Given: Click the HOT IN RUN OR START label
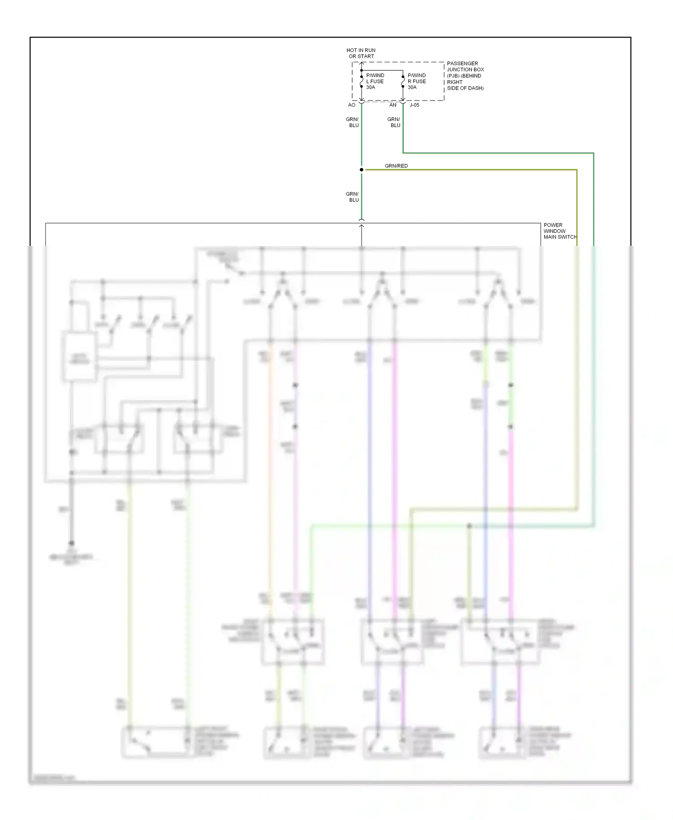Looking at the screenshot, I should [x=361, y=53].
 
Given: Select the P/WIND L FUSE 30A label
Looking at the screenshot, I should [x=375, y=81].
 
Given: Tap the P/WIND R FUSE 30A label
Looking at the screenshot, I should [x=416, y=81].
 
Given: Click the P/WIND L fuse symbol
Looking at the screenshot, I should [x=361, y=82].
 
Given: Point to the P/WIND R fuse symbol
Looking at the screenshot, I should [x=403, y=82].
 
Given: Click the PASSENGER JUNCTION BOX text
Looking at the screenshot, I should [x=465, y=66].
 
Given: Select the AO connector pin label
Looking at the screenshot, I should [x=352, y=105].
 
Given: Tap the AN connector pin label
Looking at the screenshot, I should [x=393, y=105].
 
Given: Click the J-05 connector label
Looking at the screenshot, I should [x=415, y=105].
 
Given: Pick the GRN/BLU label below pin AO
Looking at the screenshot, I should [x=353, y=122].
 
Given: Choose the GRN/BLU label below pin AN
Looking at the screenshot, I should [x=394, y=122].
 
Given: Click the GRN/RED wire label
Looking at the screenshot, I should [x=396, y=166].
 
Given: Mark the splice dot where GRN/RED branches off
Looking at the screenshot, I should [x=361, y=170].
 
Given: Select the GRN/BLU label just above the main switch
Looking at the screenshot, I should [x=353, y=197].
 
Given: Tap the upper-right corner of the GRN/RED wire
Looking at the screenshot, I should [x=577, y=170].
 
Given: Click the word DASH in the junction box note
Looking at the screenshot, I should [x=475, y=88].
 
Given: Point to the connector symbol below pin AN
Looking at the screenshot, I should [x=403, y=103].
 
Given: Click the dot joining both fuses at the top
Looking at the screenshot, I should [x=361, y=70].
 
